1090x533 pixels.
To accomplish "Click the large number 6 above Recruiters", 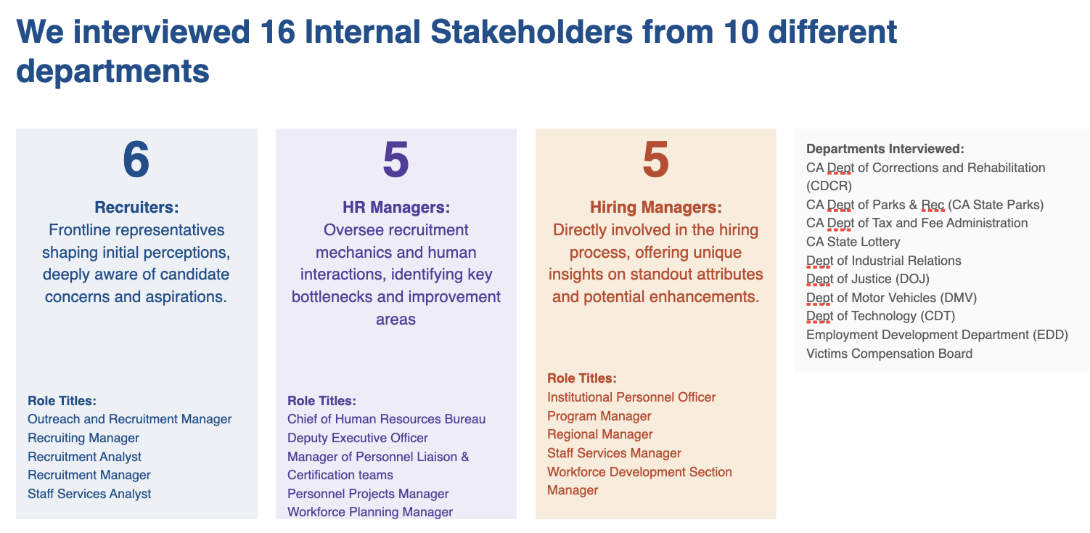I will pyautogui.click(x=136, y=160).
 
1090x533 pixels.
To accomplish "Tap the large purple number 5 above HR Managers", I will pyautogui.click(x=396, y=160).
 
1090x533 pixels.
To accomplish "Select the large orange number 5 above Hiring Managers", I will pyautogui.click(x=655, y=160).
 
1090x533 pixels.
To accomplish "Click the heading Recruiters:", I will pyautogui.click(x=136, y=208).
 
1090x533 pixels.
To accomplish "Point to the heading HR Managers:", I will pyautogui.click(x=396, y=208).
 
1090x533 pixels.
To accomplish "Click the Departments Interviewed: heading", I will pyautogui.click(x=885, y=149).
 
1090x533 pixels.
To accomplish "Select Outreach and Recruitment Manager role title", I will pyautogui.click(x=129, y=419).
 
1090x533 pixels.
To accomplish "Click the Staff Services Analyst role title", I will pyautogui.click(x=89, y=494).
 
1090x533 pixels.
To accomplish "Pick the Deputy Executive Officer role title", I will pyautogui.click(x=357, y=438).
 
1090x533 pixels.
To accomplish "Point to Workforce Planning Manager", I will pyautogui.click(x=369, y=512).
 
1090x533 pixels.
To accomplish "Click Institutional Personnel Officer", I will pyautogui.click(x=631, y=397).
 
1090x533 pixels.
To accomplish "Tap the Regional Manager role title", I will pyautogui.click(x=599, y=434).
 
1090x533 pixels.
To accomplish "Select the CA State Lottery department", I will pyautogui.click(x=853, y=242).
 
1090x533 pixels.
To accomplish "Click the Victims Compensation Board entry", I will pyautogui.click(x=889, y=354).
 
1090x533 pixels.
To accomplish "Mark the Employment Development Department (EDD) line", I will pyautogui.click(x=937, y=335).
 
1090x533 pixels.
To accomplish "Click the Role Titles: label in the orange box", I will pyautogui.click(x=581, y=378).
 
